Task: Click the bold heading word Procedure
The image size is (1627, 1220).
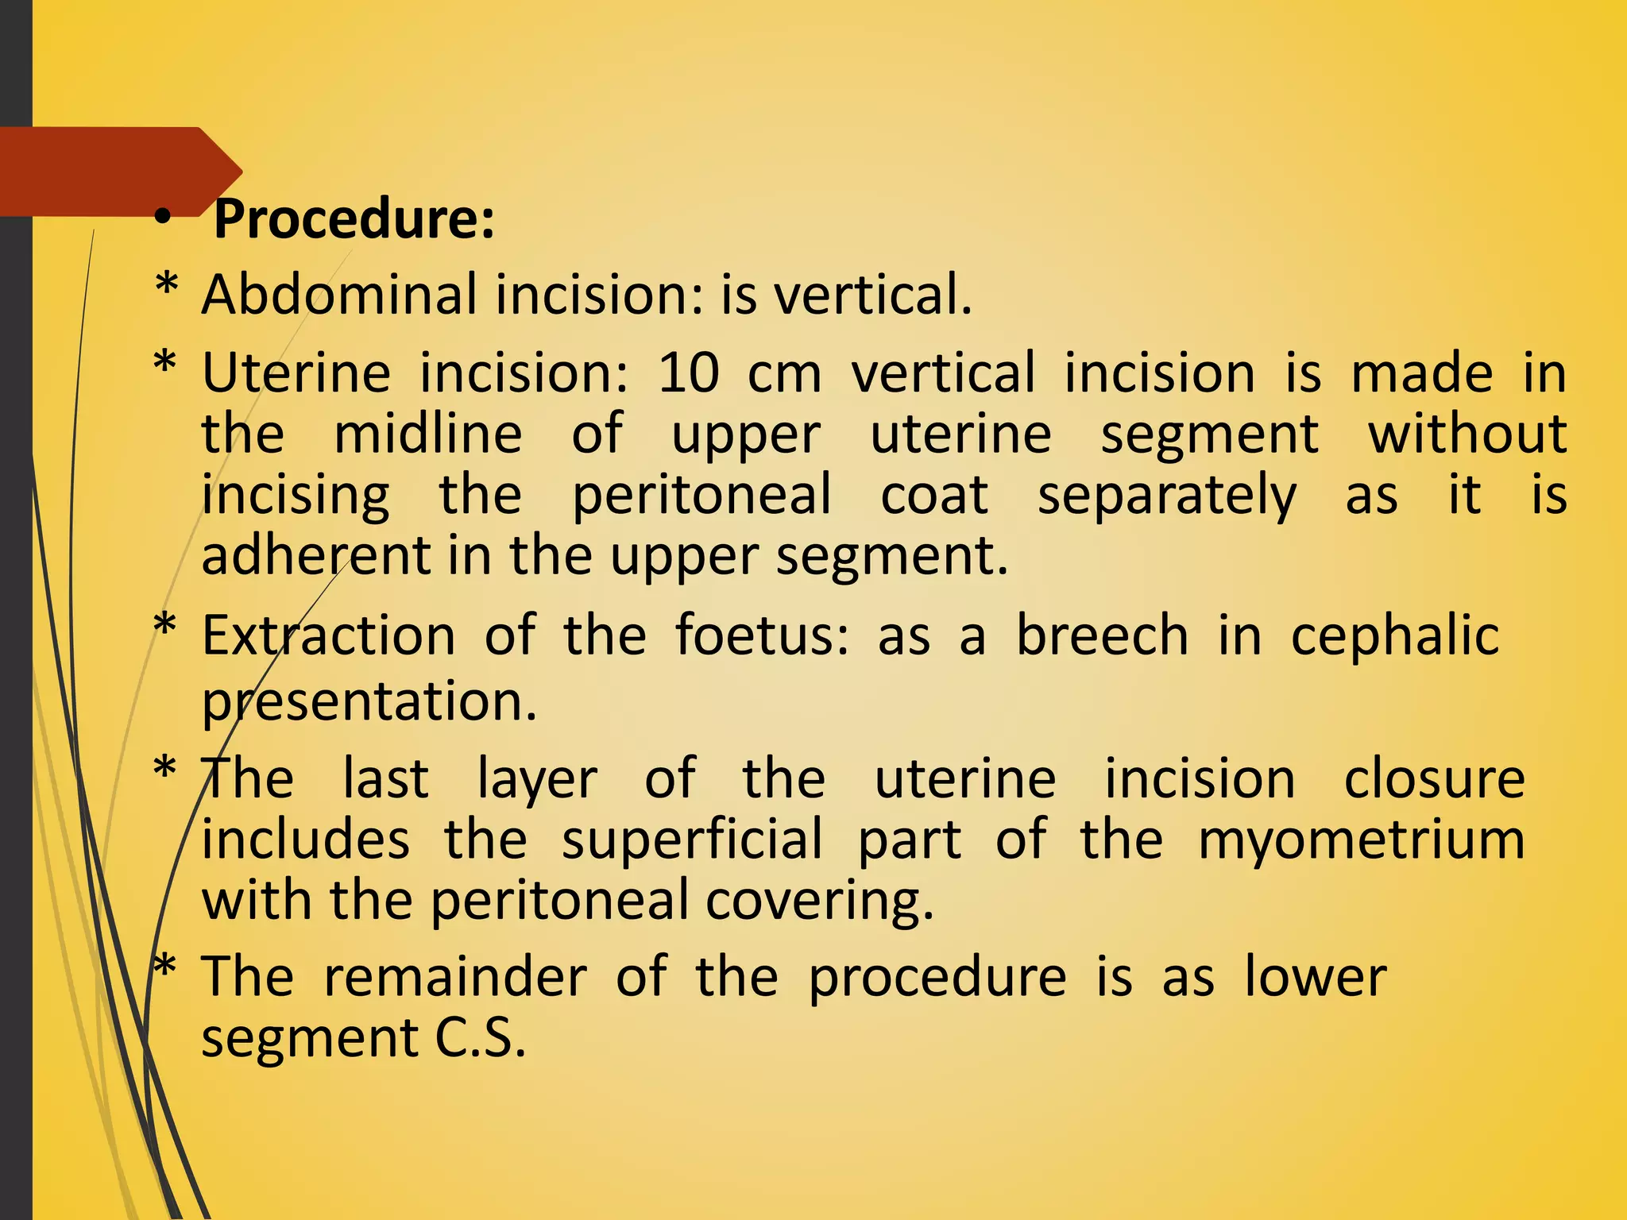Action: [354, 219]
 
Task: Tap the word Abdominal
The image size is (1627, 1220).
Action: [339, 295]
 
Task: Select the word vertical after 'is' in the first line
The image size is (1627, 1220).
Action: [872, 295]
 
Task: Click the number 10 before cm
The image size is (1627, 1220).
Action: [689, 373]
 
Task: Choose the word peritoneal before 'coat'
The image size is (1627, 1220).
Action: [701, 495]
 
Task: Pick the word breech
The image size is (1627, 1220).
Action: [1102, 635]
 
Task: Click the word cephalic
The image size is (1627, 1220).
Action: [1394, 637]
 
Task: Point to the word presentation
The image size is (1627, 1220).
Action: [369, 701]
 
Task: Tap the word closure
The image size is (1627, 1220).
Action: [1434, 778]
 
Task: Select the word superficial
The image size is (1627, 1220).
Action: [692, 840]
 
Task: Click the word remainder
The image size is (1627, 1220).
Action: [455, 977]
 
